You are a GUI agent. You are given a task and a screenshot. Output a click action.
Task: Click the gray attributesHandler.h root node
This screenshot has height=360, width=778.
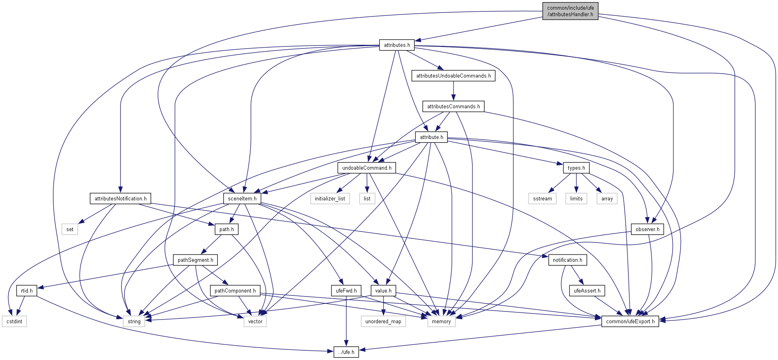click(x=570, y=11)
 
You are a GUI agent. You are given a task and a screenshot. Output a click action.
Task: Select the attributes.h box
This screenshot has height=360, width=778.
click(x=397, y=45)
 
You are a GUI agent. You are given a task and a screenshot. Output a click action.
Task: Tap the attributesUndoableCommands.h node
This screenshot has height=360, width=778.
click(x=453, y=76)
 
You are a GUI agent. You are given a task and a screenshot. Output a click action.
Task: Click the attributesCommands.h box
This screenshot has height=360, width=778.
click(x=453, y=106)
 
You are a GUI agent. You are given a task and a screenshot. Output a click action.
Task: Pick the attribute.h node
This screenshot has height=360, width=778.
click(x=431, y=137)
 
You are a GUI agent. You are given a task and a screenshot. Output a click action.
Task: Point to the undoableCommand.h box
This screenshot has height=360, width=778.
click(x=367, y=168)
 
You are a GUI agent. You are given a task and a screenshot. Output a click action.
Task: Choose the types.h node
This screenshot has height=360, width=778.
click(x=576, y=168)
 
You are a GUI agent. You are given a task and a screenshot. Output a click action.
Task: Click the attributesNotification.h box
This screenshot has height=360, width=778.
click(x=120, y=198)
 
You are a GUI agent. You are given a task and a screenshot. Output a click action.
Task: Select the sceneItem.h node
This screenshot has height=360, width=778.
click(x=242, y=198)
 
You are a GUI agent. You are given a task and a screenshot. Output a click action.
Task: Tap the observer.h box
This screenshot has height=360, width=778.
click(x=647, y=229)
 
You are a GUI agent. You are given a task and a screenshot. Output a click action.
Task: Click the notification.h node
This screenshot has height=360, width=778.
click(x=567, y=260)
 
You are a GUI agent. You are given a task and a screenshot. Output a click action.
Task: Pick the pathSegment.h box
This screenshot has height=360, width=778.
click(x=196, y=260)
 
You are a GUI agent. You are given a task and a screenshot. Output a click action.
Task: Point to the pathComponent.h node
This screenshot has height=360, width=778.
click(x=235, y=291)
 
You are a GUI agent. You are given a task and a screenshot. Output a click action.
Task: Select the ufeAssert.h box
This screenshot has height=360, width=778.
click(x=587, y=291)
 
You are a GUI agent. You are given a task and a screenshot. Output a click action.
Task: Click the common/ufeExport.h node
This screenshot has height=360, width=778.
click(x=630, y=321)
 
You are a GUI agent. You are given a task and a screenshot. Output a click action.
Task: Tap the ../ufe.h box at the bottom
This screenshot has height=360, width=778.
click(x=346, y=352)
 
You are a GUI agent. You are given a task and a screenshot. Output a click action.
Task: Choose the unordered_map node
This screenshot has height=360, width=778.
click(x=383, y=321)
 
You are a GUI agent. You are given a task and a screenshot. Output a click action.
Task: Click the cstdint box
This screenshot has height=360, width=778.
click(x=15, y=321)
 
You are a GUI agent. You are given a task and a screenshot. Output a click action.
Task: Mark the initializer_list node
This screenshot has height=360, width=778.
click(x=330, y=198)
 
